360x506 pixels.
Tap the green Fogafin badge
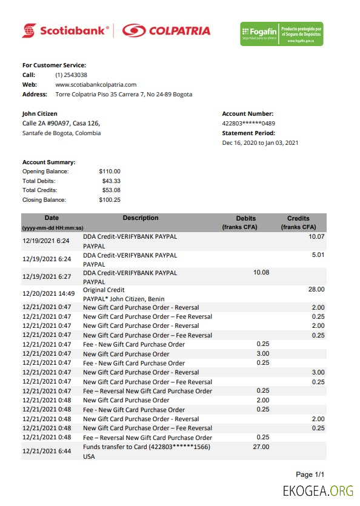[x=281, y=33]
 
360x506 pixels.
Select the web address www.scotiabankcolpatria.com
[x=96, y=85]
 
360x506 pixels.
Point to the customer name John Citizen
[x=40, y=113]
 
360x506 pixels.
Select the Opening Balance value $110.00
[x=110, y=171]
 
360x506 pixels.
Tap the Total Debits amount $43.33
[x=110, y=181]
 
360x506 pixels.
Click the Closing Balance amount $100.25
[x=110, y=200]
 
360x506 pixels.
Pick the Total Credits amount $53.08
[x=110, y=190]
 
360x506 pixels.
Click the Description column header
[x=141, y=218]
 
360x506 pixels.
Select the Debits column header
[x=245, y=219]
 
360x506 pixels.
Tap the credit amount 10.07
[x=316, y=236]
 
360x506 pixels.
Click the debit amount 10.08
[x=261, y=273]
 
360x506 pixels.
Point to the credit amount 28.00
[x=316, y=290]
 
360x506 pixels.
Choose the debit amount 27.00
[x=261, y=447]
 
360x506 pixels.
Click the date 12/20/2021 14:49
[x=48, y=294]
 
